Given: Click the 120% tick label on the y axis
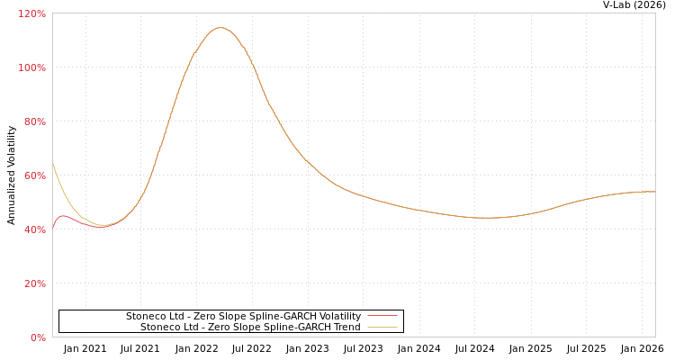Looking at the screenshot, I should (x=31, y=14).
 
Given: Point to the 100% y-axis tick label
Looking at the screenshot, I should (x=31, y=68).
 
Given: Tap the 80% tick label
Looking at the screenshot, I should (x=33, y=122).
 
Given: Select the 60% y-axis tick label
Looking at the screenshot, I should (x=33, y=176).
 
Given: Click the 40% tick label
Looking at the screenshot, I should (x=33, y=230).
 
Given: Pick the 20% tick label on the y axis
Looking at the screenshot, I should (x=33, y=284).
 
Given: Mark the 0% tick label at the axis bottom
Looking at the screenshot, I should (x=37, y=338).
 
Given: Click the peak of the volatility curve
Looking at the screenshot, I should (x=219, y=27).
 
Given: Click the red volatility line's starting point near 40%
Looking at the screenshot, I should (x=53, y=228).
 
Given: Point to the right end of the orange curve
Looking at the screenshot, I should (x=654, y=192).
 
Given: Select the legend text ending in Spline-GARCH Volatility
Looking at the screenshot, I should (x=243, y=317).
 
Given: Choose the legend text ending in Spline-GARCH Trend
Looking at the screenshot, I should (x=250, y=328).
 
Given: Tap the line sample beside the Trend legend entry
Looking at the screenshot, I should (x=382, y=328).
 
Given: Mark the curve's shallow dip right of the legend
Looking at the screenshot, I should (x=486, y=218).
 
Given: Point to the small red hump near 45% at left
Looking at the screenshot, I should (x=62, y=216).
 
